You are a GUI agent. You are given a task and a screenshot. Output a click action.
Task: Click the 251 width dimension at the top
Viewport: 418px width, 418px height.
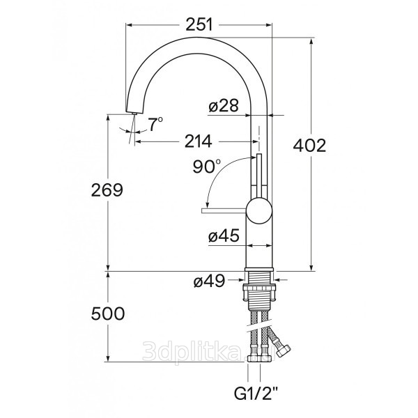point(199,24)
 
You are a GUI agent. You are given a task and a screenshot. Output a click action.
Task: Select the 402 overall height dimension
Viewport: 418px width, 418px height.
point(309,146)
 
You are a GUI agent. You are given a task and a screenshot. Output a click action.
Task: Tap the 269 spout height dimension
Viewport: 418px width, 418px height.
point(107,190)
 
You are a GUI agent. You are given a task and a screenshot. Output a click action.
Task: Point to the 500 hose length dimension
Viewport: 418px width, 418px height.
point(108,313)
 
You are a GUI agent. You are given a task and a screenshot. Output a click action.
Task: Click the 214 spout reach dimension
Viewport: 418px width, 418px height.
point(199,141)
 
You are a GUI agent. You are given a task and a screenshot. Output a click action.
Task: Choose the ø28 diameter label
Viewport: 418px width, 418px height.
point(224,106)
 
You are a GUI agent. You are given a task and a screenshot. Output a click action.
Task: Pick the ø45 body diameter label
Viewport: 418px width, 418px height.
point(224,235)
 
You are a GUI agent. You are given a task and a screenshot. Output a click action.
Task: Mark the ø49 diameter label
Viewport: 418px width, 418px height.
point(209,281)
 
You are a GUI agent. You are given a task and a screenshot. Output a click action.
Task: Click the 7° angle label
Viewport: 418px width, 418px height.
point(155,124)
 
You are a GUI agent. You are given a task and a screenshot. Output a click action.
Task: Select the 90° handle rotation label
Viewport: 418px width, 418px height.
point(207,167)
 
